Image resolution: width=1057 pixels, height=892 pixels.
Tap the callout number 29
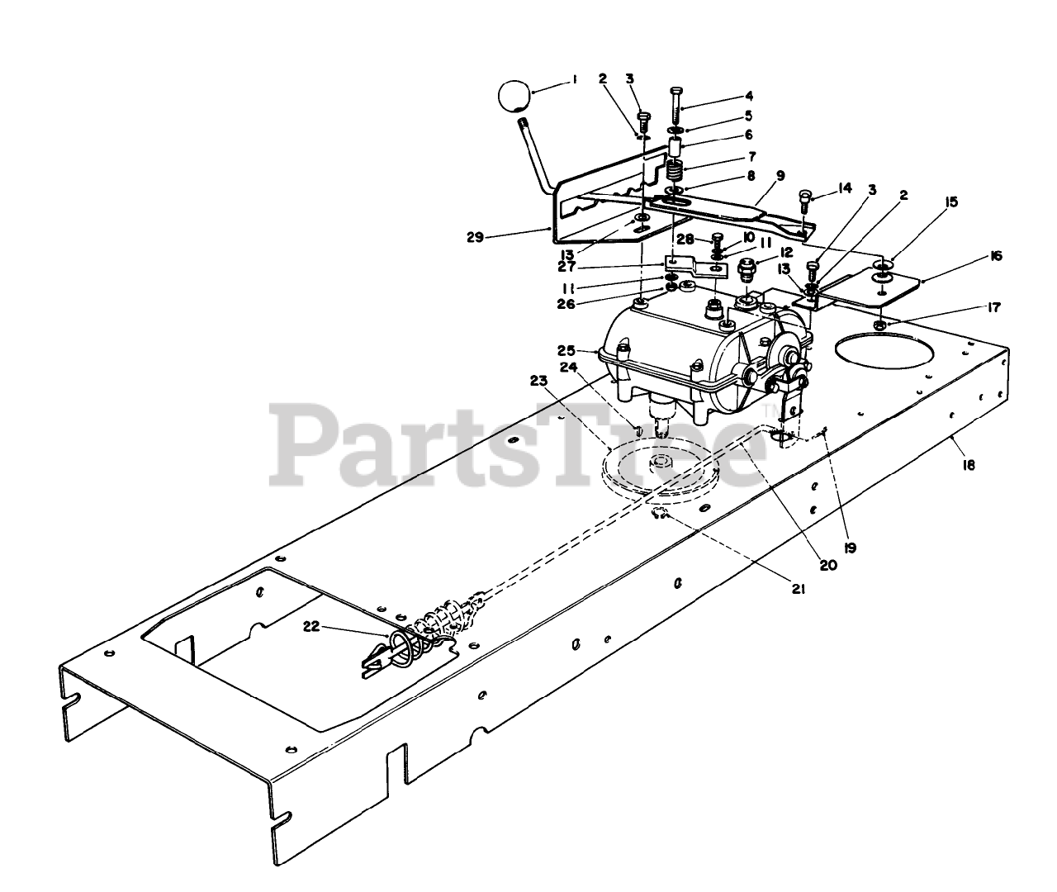tap(475, 237)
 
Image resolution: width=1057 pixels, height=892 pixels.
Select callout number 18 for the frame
tap(969, 465)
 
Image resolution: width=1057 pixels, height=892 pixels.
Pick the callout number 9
tap(780, 175)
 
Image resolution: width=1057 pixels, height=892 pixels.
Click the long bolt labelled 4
tap(676, 103)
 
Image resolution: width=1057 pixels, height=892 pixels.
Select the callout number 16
tap(996, 257)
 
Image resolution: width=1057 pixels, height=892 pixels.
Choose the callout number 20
tap(827, 566)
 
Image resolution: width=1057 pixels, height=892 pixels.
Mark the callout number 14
tap(843, 187)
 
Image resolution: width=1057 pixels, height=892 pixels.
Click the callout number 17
tap(992, 308)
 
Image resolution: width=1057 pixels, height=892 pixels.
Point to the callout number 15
tap(952, 201)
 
